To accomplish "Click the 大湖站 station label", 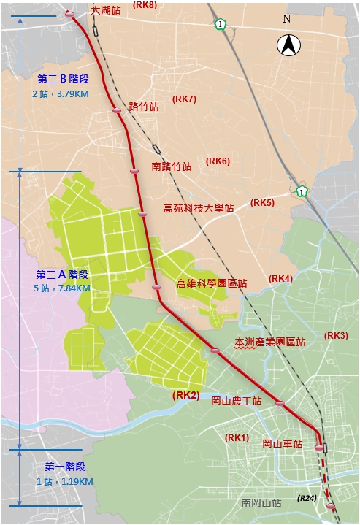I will pos(106,12).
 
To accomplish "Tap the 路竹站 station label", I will pos(144,107).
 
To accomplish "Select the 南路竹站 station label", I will pos(172,166).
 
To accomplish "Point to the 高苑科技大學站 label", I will pos(198,208).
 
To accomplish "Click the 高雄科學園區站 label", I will pos(212,283).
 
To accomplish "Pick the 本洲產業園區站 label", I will pos(270,342).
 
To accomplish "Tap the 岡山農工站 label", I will pos(237,401).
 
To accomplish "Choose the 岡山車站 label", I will pos(283,444).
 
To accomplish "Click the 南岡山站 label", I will pos(261,503).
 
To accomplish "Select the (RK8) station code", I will pos(145,5).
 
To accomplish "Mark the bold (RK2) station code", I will pos(185,395).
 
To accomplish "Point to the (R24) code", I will pos(306,498).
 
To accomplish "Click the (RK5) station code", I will pos(262,202).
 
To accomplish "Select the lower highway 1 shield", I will pos(302,191).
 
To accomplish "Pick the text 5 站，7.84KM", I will pos(61,288).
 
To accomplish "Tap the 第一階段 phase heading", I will pos(65,467).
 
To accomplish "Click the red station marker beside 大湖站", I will pos(69,15).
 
